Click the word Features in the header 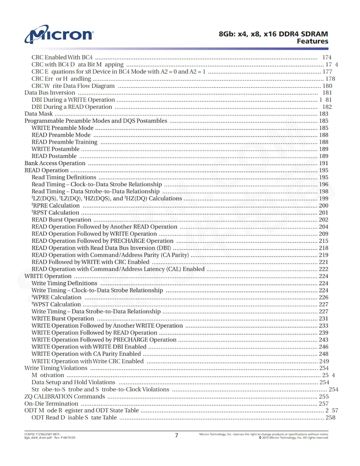(312, 41)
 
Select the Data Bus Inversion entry (50, 93)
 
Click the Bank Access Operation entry (55, 163)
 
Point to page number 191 (324, 163)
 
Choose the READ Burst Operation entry (61, 220)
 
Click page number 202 (324, 220)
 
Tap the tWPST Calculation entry (56, 305)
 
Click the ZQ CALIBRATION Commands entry (64, 397)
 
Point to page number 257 (324, 404)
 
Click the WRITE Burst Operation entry (63, 319)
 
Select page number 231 (324, 319)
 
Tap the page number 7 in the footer (176, 435)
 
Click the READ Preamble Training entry (64, 142)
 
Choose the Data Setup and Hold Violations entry (73, 383)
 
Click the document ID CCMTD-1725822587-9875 (42, 434)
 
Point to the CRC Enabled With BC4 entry (62, 58)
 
